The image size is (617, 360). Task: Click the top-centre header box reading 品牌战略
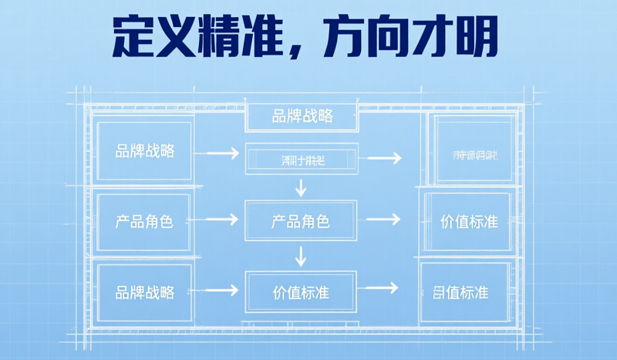[302, 116]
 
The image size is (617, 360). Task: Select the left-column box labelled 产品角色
[145, 222]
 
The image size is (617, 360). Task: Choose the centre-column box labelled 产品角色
[301, 222]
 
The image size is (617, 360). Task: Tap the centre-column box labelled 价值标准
[301, 292]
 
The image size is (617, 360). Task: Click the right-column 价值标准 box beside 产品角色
[469, 222]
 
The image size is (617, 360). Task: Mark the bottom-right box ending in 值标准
[465, 292]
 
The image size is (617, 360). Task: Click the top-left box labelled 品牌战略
[145, 151]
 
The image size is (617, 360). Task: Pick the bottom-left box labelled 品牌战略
[145, 292]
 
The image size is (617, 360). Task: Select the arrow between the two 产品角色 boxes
[222, 220]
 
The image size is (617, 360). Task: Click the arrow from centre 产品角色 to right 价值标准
[384, 220]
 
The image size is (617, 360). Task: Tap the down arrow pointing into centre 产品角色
[302, 186]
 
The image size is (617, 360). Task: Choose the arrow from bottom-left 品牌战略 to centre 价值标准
[222, 291]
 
